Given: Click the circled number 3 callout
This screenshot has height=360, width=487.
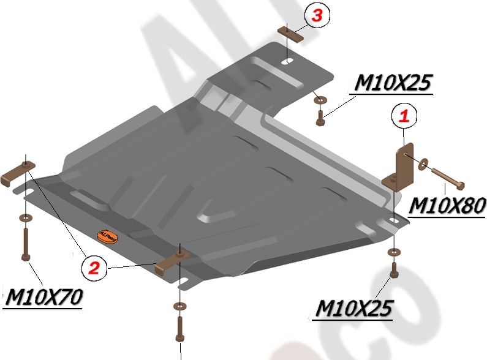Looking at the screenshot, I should (316, 17).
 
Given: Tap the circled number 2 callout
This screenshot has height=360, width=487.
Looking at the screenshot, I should (93, 266).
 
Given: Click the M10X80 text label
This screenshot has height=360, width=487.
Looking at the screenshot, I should (447, 206).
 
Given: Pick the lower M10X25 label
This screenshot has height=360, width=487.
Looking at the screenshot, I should (353, 309).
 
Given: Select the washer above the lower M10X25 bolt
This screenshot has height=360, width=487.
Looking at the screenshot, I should (392, 252).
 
